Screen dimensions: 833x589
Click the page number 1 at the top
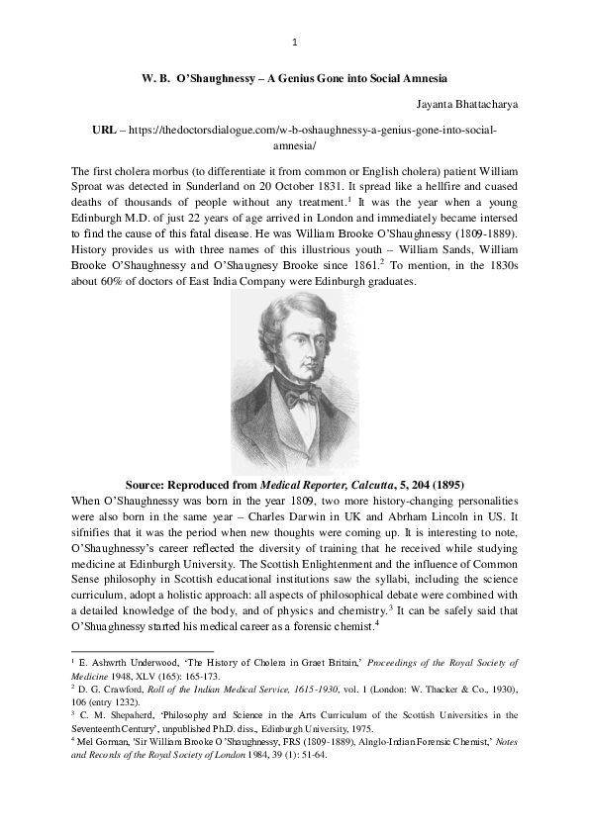pos(295,43)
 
